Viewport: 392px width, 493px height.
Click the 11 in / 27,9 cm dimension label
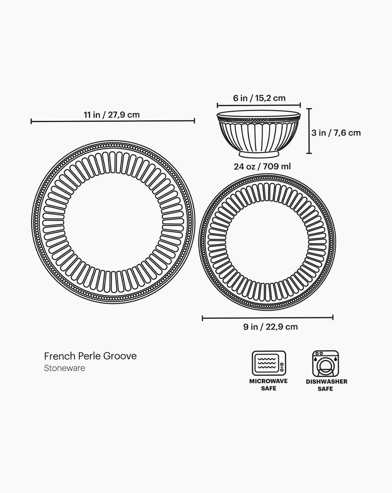112,115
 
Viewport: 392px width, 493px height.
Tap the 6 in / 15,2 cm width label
259,98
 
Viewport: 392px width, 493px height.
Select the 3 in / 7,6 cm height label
336,133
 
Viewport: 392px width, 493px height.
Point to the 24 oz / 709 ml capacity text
262,166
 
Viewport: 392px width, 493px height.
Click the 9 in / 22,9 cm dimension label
270,327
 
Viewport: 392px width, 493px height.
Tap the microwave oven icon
269,363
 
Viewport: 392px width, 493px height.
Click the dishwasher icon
325,363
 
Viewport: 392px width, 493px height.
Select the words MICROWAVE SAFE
269,385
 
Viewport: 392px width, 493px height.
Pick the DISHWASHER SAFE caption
327,385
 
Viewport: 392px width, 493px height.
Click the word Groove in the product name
120,356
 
